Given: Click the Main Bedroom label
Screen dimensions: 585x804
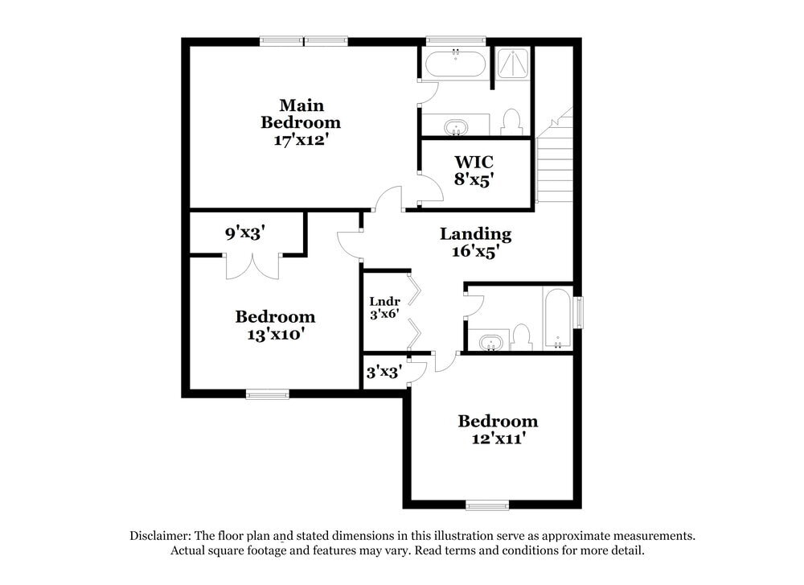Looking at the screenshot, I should click(x=301, y=122).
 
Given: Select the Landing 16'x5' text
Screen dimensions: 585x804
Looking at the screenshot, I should click(x=475, y=241).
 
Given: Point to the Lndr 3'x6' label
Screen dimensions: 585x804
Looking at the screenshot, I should click(x=384, y=308).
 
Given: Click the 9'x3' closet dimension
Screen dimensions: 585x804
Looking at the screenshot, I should click(x=244, y=233).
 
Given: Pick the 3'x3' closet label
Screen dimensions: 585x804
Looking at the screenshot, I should click(x=384, y=372).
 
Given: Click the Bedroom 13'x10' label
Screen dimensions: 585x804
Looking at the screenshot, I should click(x=274, y=324).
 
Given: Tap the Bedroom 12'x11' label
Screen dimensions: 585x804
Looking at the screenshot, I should click(x=498, y=429).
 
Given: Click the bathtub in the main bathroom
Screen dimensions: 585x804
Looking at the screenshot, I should click(x=455, y=63).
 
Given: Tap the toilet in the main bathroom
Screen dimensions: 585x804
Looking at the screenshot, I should click(x=511, y=122).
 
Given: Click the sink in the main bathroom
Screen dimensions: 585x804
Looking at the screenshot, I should click(x=456, y=126).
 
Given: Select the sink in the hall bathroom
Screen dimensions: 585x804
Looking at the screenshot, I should click(x=489, y=342).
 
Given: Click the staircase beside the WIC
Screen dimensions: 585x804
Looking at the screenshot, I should click(x=555, y=161).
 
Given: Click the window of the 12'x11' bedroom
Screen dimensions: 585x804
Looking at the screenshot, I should click(x=487, y=505).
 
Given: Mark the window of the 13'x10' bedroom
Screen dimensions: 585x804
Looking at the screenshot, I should click(x=267, y=393).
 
